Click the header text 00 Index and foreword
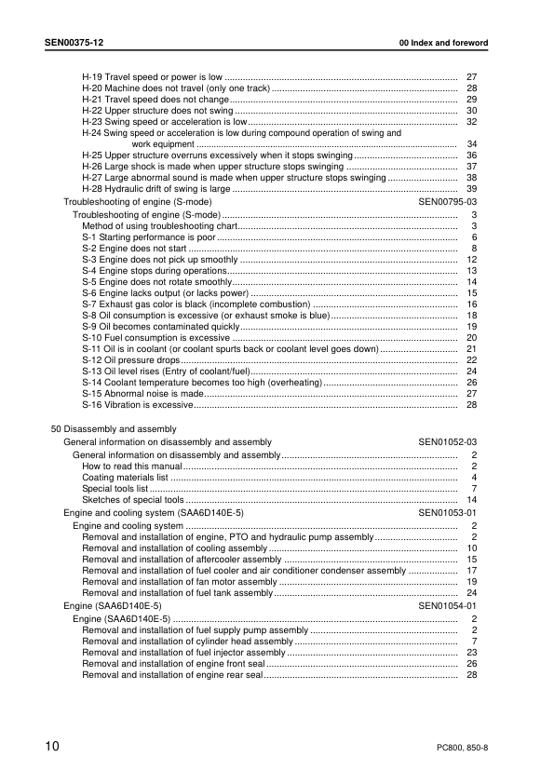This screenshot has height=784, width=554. point(442,44)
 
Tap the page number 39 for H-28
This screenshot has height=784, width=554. point(471,189)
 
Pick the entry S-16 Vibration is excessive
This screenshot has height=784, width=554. point(137,406)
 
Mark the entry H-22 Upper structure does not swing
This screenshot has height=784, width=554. point(157,110)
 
